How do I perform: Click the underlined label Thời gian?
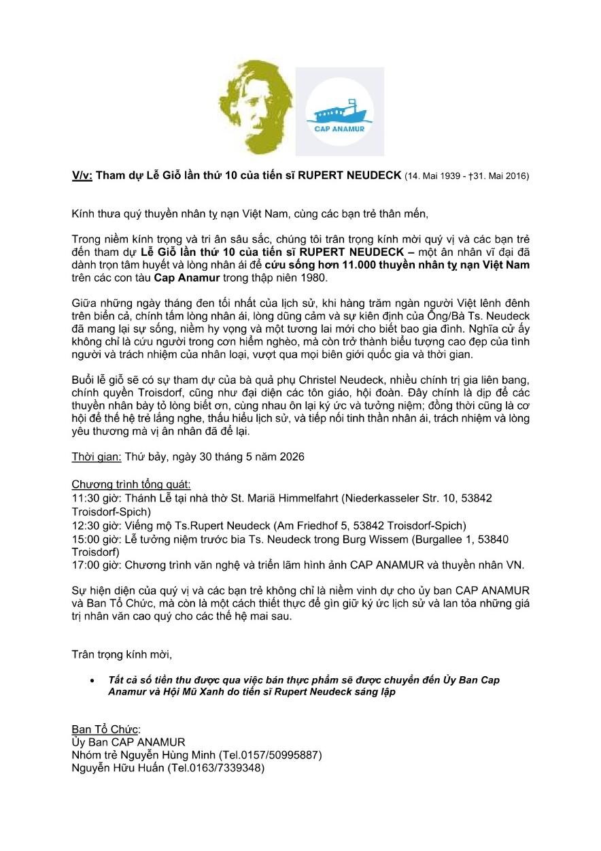pos(97,457)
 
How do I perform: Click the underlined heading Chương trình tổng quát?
pos(131,485)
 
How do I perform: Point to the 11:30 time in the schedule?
pos(85,499)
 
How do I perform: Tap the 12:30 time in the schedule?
pos(85,526)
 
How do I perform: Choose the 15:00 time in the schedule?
pos(85,539)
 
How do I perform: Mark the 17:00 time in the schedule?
pos(85,566)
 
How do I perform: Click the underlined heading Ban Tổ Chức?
pos(105,729)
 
